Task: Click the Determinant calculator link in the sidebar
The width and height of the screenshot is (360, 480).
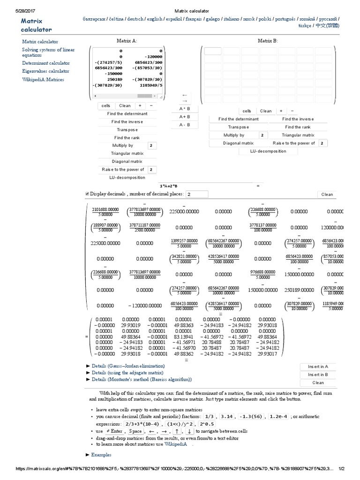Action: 46,63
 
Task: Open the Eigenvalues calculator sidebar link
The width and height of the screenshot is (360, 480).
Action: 45,71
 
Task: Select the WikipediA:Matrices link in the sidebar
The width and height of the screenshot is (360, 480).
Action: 43,80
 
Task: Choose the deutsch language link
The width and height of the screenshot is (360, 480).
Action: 135,19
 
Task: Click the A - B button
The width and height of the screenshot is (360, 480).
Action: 184,125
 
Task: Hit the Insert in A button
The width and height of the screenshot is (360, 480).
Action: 318,367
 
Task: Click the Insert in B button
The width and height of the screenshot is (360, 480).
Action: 318,375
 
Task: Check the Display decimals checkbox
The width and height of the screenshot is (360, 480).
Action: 87,194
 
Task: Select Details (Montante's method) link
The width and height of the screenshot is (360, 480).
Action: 142,379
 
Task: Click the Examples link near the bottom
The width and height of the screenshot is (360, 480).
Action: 101,455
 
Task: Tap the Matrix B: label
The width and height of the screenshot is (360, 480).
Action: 268,41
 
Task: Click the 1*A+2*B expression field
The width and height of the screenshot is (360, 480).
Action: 169,186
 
